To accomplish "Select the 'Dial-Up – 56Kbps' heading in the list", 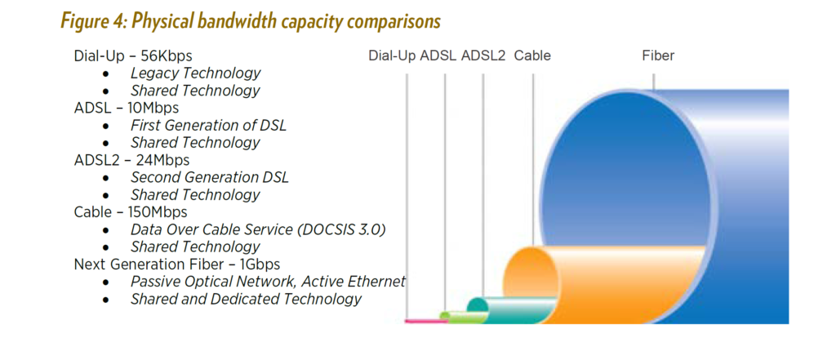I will point(133,56).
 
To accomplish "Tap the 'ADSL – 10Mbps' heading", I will point(126,107).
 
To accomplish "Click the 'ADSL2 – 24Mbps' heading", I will point(131,159).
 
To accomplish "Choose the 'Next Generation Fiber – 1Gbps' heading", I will point(176,264).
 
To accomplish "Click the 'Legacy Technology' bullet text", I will point(195,73).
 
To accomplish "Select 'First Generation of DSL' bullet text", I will point(208,125).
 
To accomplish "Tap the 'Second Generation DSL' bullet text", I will point(209,177).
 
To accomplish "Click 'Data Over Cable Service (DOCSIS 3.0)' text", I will point(257,229).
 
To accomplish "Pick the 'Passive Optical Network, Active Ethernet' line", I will point(268,281).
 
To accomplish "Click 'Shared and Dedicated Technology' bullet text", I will point(246,299).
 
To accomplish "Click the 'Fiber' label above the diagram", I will point(658,56).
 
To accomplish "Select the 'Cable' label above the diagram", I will point(532,56).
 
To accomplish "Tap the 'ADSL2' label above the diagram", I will point(483,56).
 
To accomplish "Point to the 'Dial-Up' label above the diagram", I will point(392,56).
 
